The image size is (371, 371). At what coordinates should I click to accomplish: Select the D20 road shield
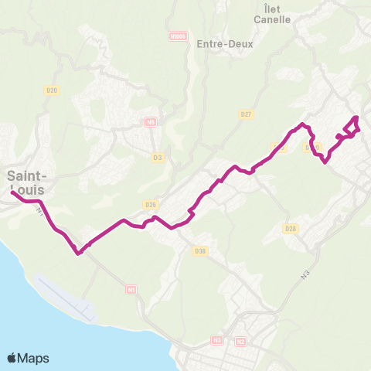[52, 90]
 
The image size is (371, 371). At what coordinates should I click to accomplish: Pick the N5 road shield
[151, 122]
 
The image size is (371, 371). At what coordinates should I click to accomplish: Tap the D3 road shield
[158, 158]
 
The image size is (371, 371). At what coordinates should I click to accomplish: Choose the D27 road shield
[247, 114]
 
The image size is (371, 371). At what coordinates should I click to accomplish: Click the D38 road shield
[201, 250]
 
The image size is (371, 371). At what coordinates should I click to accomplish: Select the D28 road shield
[291, 228]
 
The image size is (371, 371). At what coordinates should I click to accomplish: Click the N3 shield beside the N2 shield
[217, 340]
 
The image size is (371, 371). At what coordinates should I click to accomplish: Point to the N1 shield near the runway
[131, 290]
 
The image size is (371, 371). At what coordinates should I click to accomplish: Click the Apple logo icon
[12, 358]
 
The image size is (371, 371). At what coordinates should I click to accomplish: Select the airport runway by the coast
[66, 300]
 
